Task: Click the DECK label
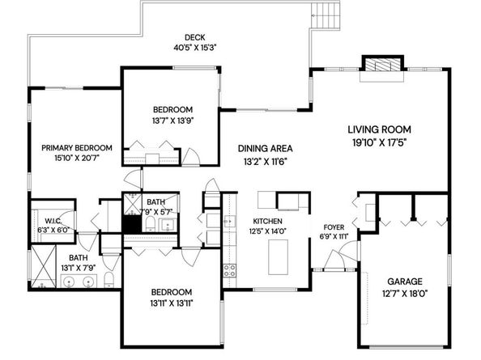tap(194, 37)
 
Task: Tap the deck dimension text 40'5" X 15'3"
tap(194, 47)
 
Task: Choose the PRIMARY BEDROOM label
tap(77, 148)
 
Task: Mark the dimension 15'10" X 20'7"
tap(77, 159)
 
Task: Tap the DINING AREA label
tap(265, 149)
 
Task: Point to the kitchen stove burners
tap(230, 271)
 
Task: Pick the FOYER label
tap(334, 227)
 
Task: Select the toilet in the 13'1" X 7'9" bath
tap(108, 281)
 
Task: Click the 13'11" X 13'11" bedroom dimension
tap(171, 303)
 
